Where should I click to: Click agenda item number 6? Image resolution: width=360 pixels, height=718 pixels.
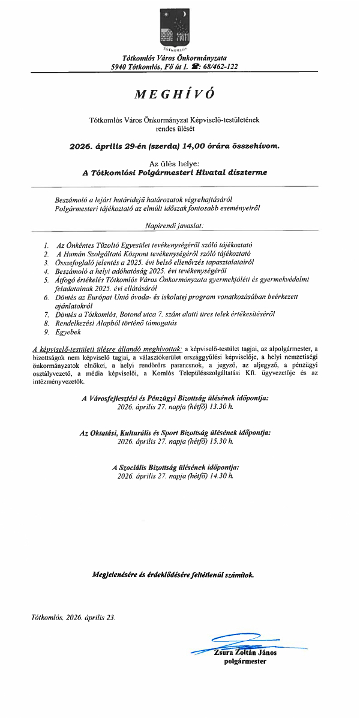[46, 297]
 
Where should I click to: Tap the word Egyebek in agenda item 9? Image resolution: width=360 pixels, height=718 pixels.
[68, 331]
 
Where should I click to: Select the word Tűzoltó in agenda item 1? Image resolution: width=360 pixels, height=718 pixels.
[101, 246]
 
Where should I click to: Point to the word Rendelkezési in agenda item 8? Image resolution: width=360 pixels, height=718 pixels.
[76, 322]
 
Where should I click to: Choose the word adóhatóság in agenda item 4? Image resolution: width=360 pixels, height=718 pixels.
[131, 271]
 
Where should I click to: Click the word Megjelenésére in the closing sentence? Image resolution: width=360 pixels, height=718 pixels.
[116, 575]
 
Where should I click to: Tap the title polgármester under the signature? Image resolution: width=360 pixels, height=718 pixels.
[245, 662]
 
